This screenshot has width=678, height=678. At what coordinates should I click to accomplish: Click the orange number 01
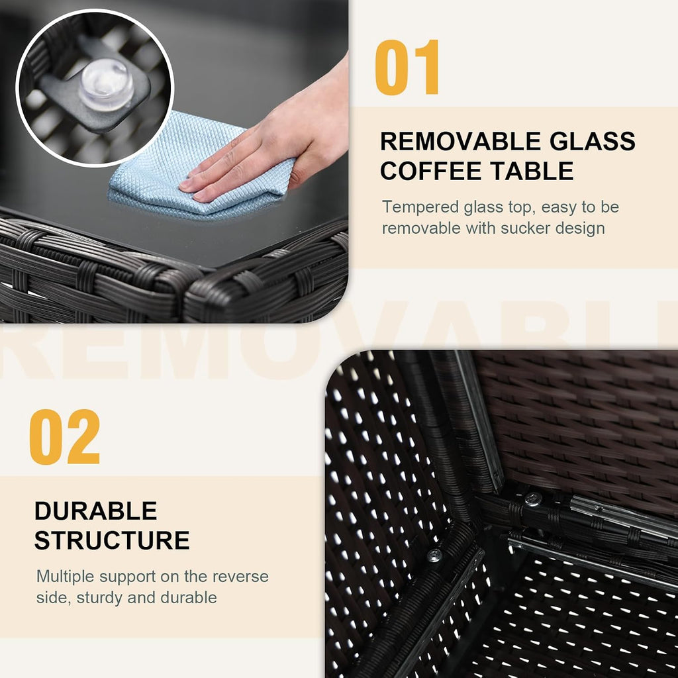[x=407, y=67]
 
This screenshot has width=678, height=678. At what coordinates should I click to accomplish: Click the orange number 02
[x=64, y=437]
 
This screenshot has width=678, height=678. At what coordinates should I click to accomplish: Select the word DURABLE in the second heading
[x=95, y=511]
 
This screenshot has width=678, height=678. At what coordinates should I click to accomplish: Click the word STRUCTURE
[x=112, y=540]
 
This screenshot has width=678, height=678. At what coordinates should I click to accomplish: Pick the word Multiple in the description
[x=66, y=577]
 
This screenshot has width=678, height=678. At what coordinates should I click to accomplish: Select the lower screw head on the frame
[x=434, y=556]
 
